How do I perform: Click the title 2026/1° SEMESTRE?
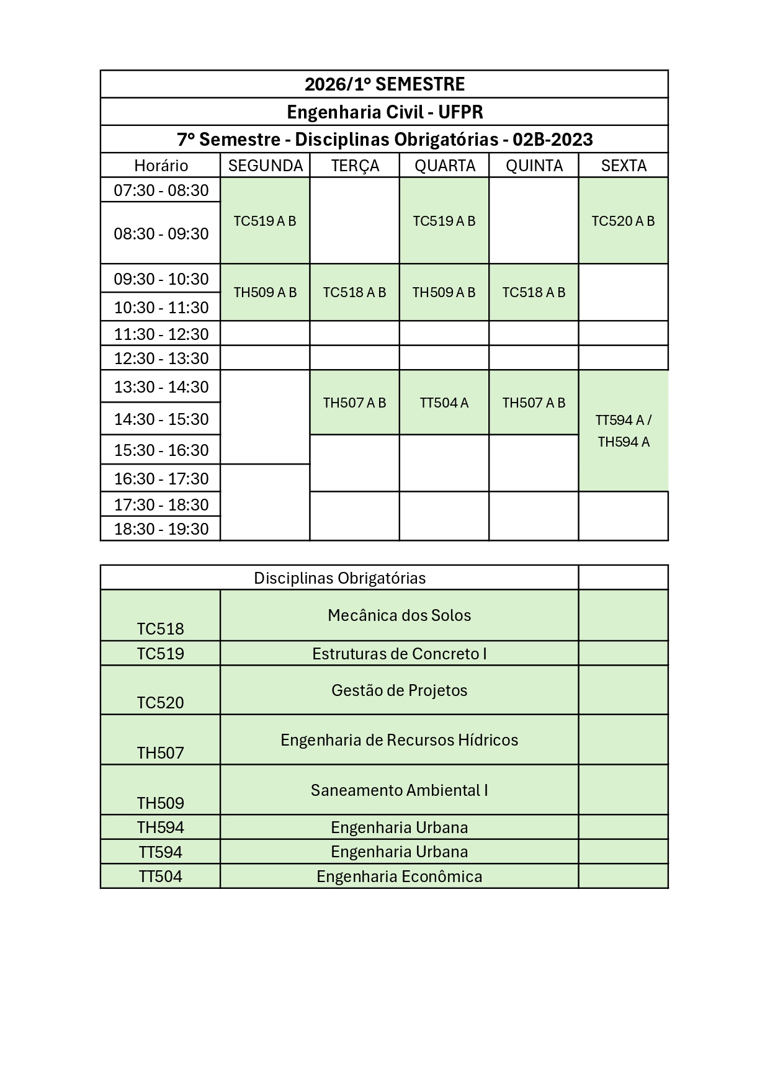coord(384,84)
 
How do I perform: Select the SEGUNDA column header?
coord(265,166)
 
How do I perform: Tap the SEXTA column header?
coord(624,166)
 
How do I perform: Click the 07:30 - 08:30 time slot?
coord(161,190)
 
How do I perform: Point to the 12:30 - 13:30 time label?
coord(161,359)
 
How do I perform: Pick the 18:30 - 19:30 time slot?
coord(161,529)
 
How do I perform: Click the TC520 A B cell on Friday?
coord(623,221)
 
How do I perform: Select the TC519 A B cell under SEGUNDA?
coord(265,221)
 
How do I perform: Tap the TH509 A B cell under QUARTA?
coord(444,292)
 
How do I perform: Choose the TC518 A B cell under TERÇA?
coord(354,292)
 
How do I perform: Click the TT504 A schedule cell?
coord(444,403)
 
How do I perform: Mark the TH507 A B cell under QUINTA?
coord(534,403)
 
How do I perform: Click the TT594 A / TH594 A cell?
coord(624,431)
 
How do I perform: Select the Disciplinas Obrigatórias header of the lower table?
coord(339,578)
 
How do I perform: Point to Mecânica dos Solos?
coord(399,615)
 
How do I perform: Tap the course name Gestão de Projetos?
coord(399,690)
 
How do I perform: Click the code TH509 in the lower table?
coord(161,803)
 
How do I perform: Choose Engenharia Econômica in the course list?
coord(399,876)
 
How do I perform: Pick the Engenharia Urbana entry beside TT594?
coord(399,852)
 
